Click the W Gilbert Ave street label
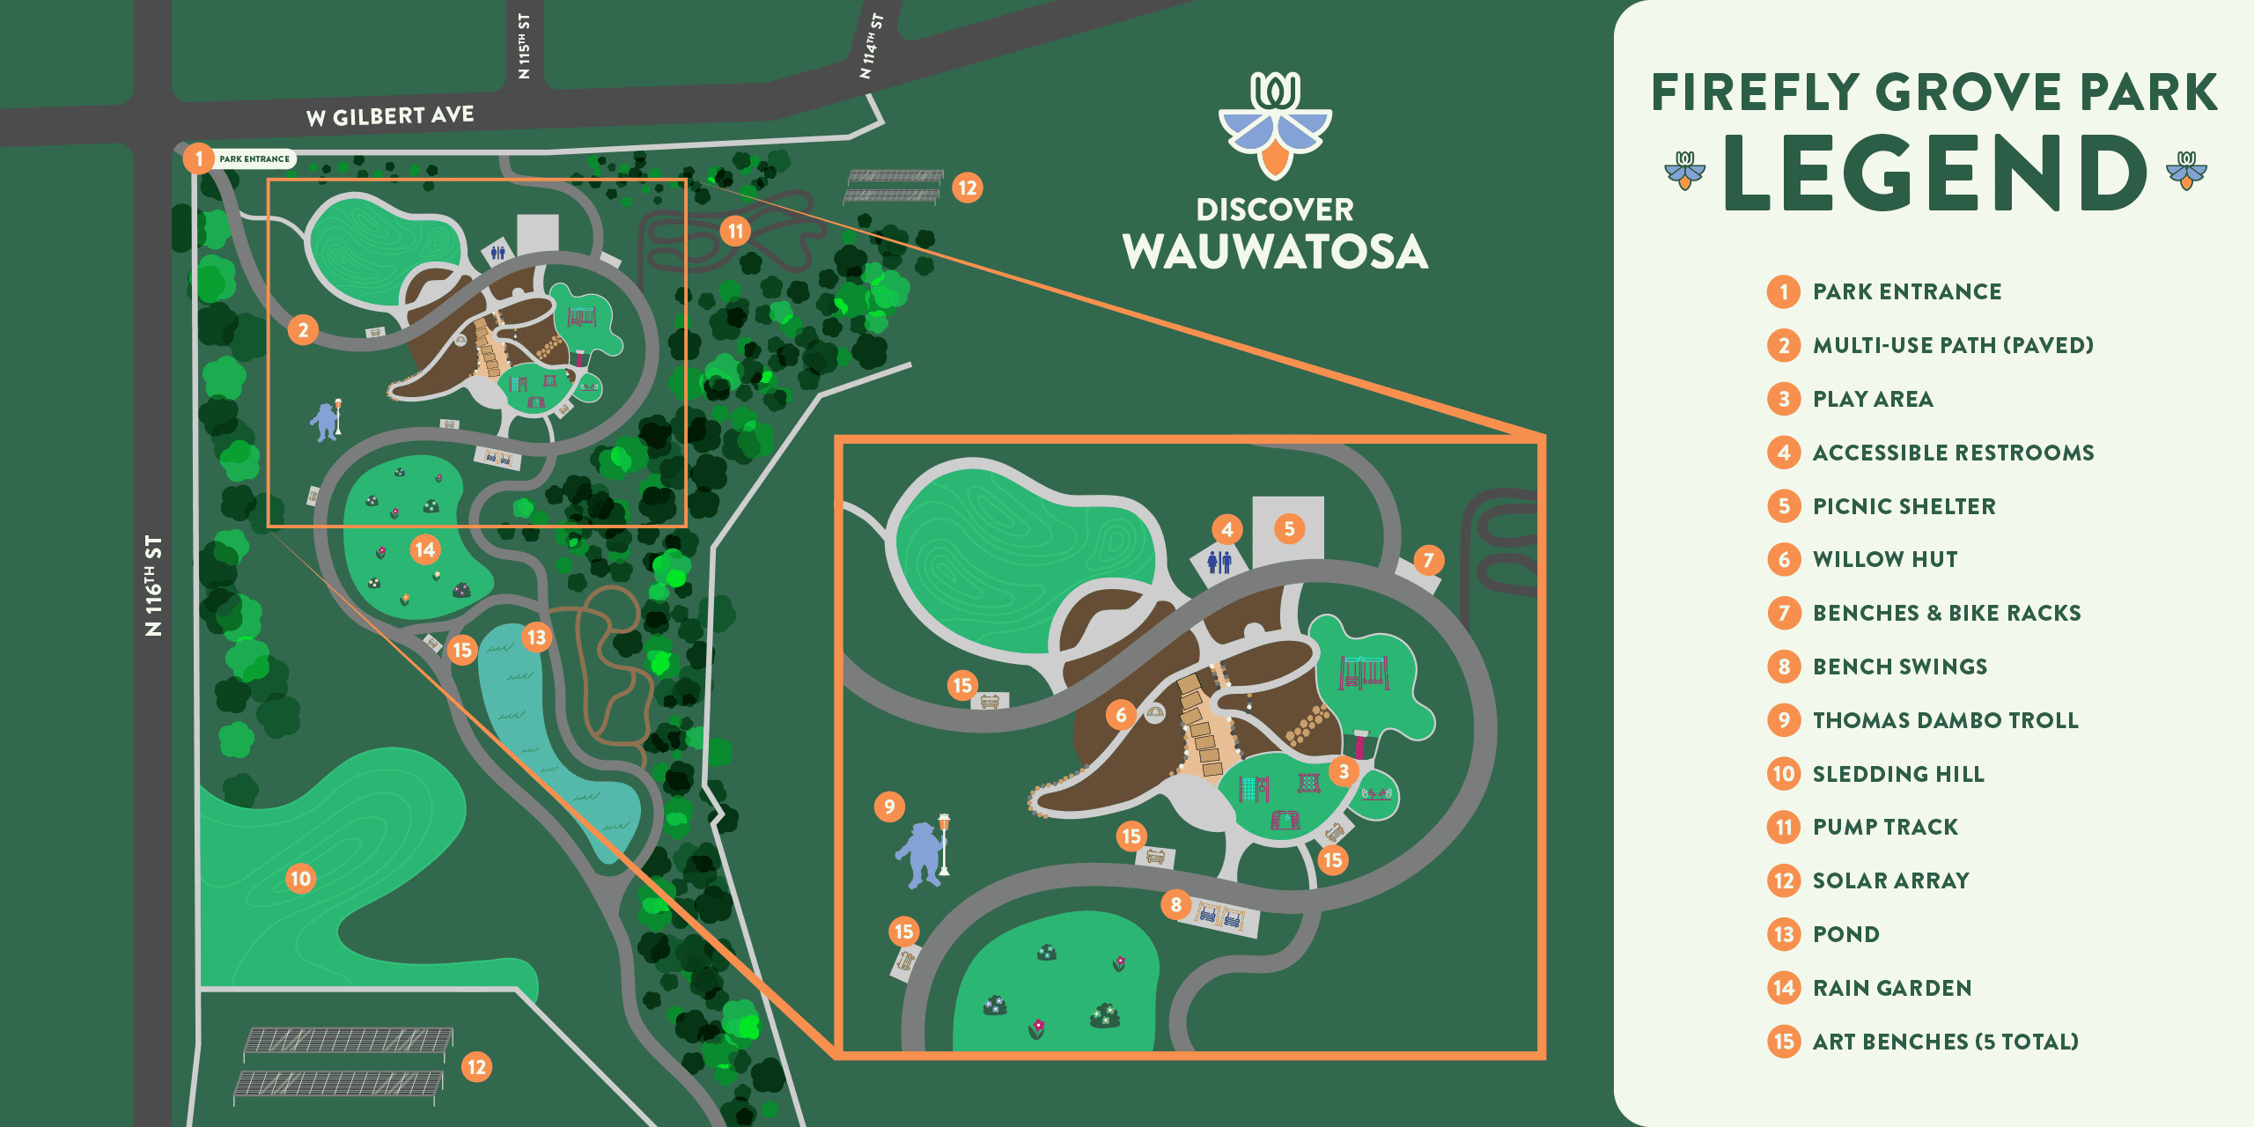(x=390, y=116)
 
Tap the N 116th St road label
(x=153, y=586)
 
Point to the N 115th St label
(x=525, y=46)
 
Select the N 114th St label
(x=871, y=46)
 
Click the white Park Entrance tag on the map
(x=254, y=159)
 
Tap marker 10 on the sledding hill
(x=300, y=878)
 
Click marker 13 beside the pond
(x=536, y=637)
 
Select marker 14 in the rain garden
(x=425, y=550)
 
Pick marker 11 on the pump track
(x=735, y=232)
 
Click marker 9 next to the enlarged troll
(x=889, y=807)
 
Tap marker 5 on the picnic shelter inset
(x=1289, y=529)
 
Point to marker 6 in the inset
(x=1121, y=715)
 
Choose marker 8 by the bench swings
(x=1175, y=904)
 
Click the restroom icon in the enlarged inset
(x=1219, y=562)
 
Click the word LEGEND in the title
(x=1935, y=173)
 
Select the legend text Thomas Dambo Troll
(x=1945, y=720)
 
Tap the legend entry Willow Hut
(x=1885, y=559)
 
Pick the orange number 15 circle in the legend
(x=1784, y=1042)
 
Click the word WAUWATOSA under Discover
(x=1275, y=253)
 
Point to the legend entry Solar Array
(x=1890, y=880)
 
